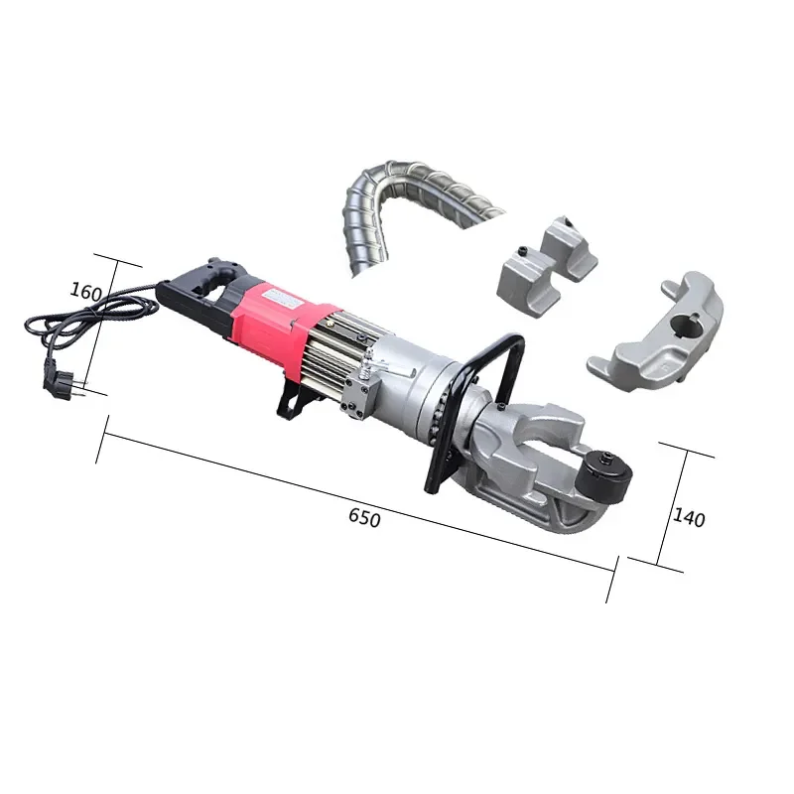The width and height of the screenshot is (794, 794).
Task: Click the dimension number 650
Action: tap(364, 518)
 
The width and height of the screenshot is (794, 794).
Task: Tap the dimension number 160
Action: tap(86, 291)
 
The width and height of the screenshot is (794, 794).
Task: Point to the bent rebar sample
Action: tap(397, 194)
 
